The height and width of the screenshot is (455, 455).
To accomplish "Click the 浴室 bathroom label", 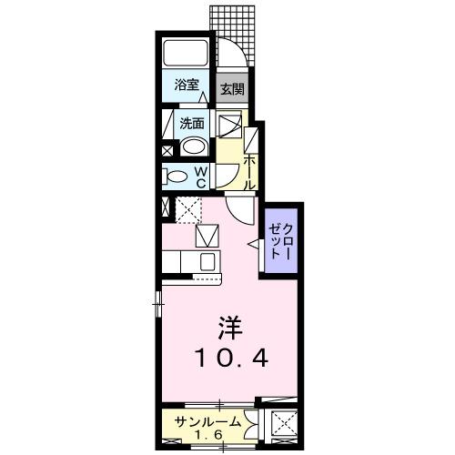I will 188,86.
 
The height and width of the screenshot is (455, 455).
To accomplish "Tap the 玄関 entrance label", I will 232,89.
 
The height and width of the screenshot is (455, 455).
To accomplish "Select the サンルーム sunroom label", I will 208,421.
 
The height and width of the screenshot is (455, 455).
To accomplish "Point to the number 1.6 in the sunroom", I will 208,435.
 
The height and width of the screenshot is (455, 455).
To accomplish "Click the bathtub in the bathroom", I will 188,53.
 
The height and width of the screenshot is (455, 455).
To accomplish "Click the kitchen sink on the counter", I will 207,263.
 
